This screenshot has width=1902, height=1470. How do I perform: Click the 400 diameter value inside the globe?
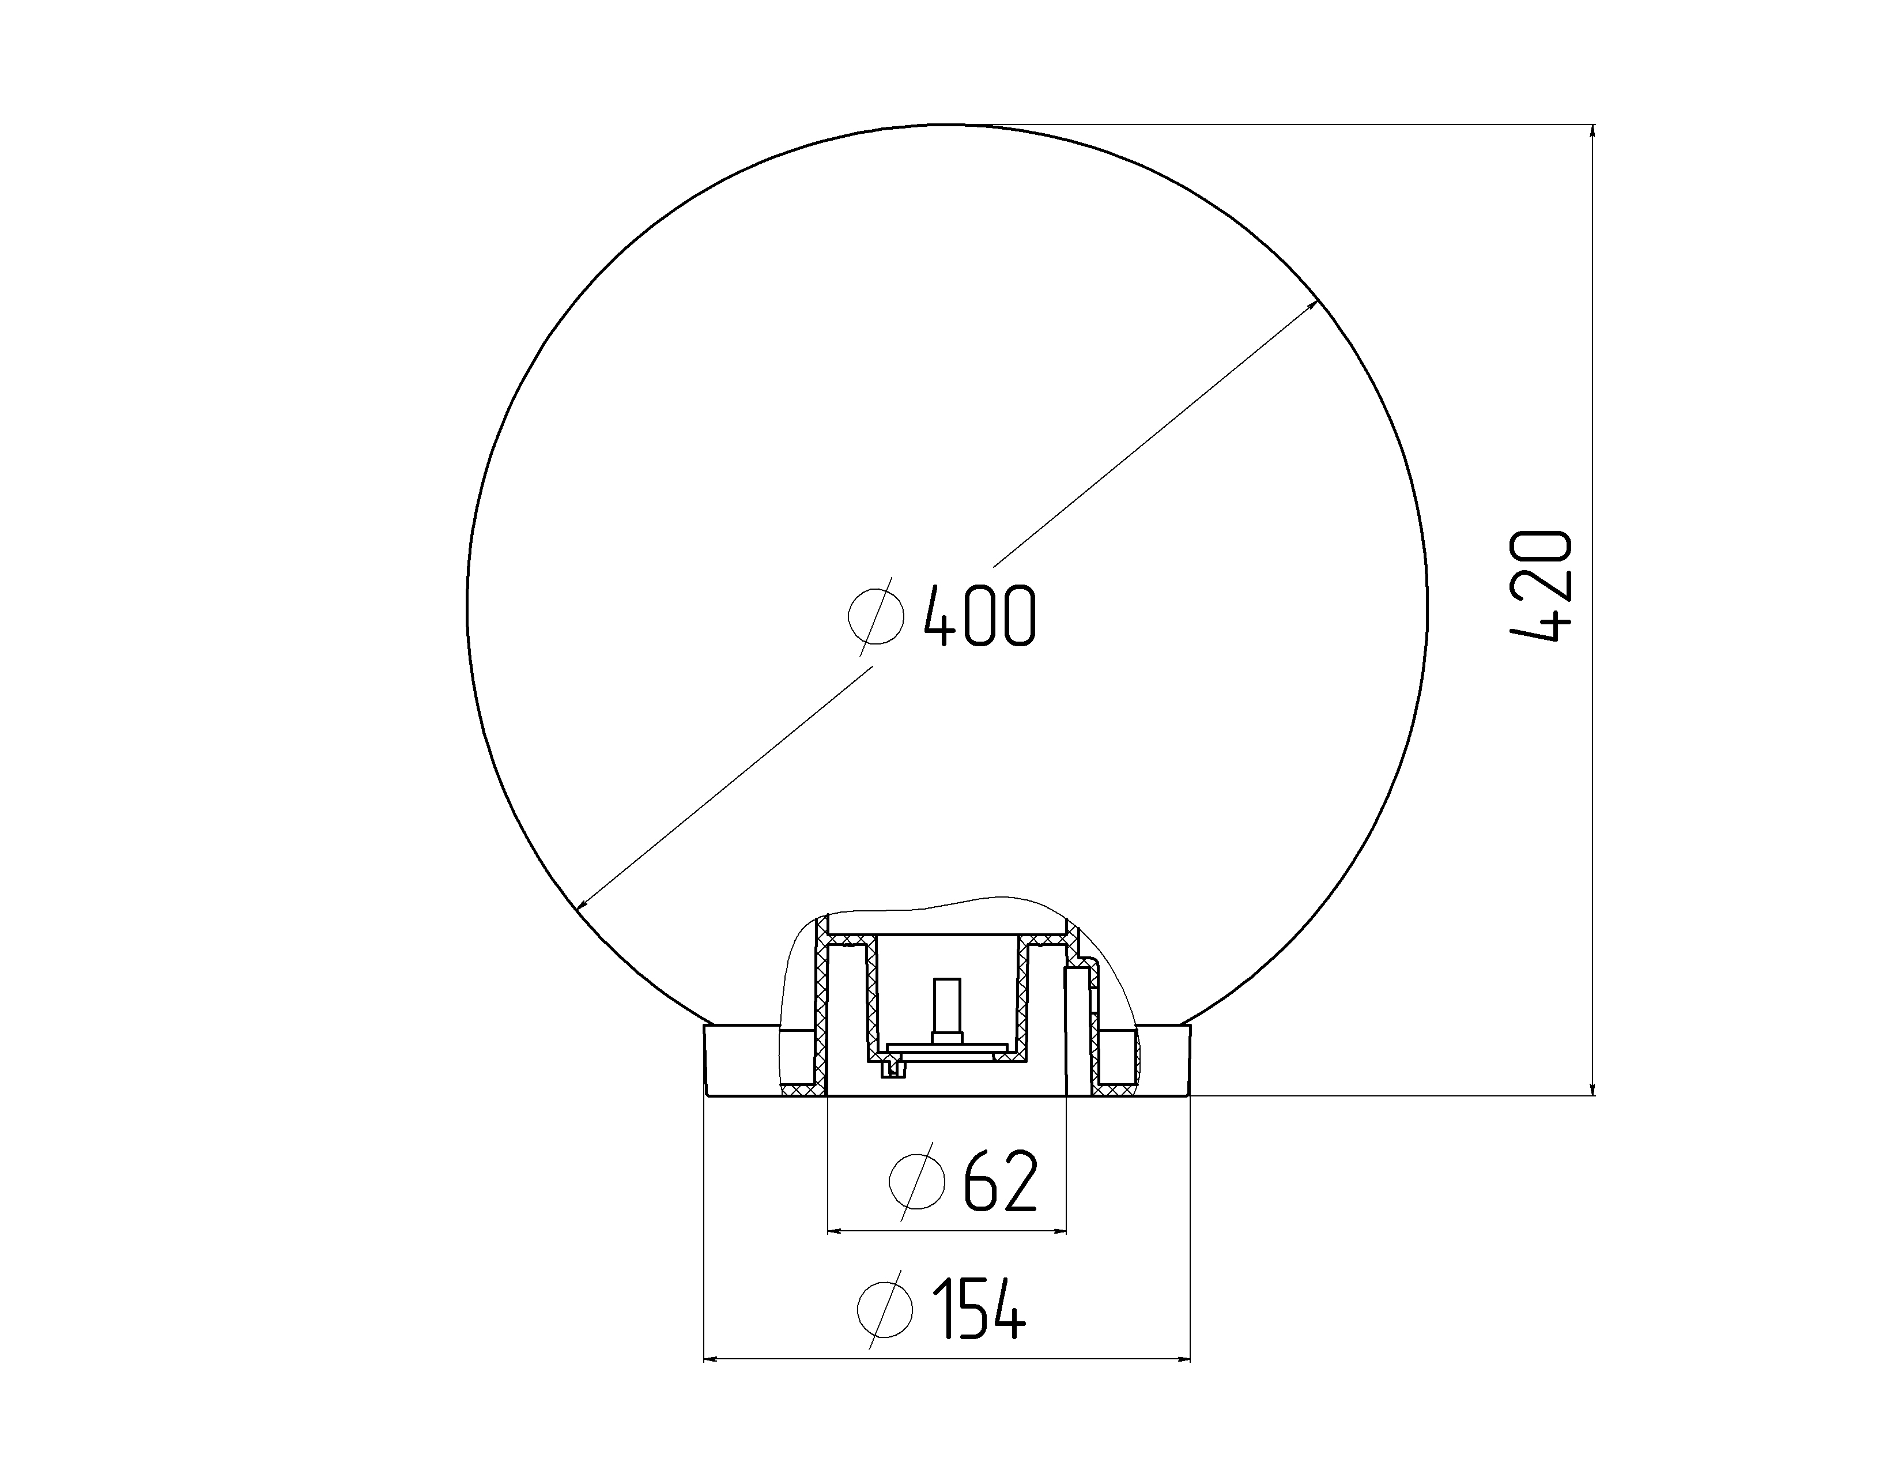(x=980, y=616)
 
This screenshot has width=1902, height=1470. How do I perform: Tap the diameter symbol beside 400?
(x=876, y=616)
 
